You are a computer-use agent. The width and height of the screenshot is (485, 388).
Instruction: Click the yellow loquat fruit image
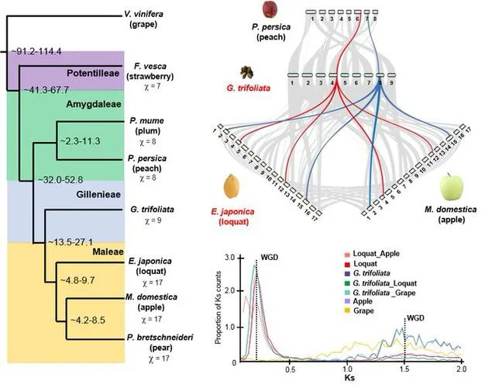click(x=231, y=187)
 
